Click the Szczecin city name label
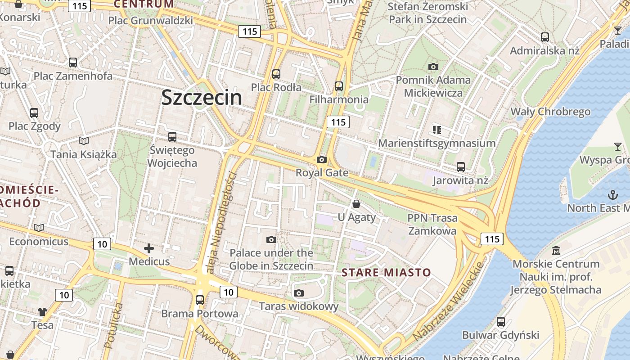click(202, 97)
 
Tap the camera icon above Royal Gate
click(321, 159)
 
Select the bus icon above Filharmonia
click(338, 86)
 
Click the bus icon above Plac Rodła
click(276, 74)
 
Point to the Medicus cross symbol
click(149, 248)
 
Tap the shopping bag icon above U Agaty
click(356, 204)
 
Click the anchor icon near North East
click(612, 194)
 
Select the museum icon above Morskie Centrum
click(556, 250)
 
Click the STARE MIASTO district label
click(386, 272)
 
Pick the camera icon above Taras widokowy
click(298, 293)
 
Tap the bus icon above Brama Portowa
click(200, 300)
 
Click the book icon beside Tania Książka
click(84, 141)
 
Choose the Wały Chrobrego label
click(550, 112)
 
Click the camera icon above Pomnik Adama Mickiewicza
click(433, 67)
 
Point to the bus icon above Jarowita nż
click(461, 167)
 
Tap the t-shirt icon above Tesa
click(42, 311)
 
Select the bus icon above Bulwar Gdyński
click(501, 322)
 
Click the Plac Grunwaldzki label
click(150, 20)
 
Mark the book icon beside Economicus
click(39, 228)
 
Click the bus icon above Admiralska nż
click(545, 37)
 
